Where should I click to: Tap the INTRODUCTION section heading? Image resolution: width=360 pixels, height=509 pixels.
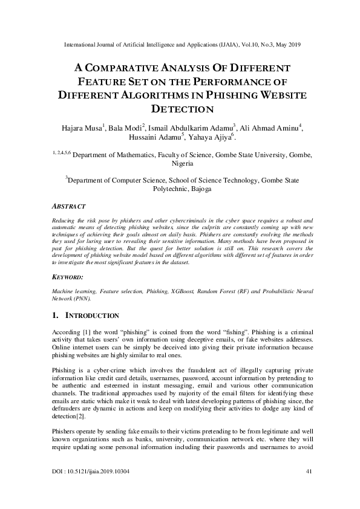91,316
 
